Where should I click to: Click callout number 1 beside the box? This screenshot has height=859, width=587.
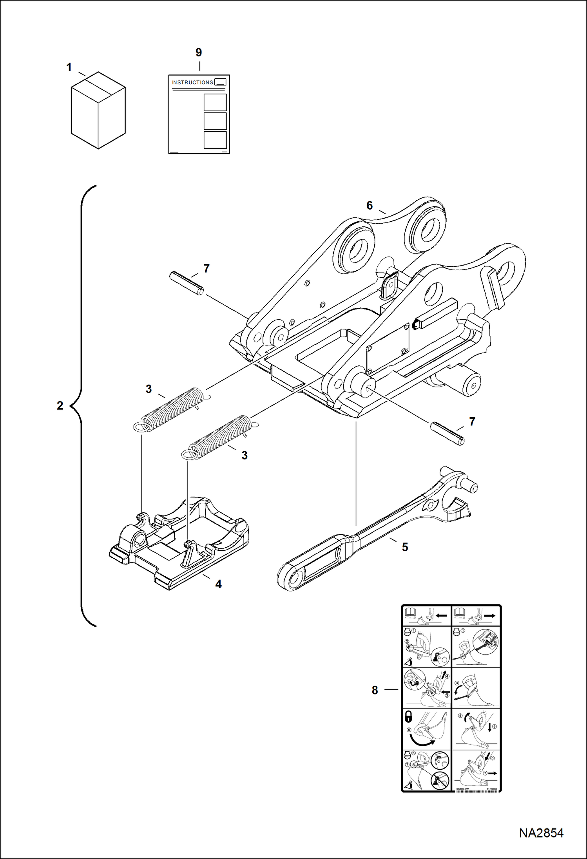tap(69, 67)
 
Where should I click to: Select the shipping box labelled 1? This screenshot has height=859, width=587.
tap(98, 112)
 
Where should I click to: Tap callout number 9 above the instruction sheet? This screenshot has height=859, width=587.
tap(199, 52)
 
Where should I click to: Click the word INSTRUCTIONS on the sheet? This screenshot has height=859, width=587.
tap(192, 83)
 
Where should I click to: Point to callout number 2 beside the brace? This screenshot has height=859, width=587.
tap(60, 405)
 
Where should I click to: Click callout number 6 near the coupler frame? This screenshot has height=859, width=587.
tap(370, 205)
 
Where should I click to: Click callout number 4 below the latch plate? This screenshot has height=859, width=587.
tap(218, 584)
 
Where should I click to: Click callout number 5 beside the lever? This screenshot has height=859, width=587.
tap(405, 547)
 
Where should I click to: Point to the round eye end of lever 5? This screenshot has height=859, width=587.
tap(291, 578)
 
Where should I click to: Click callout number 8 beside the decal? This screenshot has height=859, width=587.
tap(375, 690)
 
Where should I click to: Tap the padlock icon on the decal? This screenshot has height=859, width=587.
tap(408, 717)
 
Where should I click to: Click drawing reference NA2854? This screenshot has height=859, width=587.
tap(541, 833)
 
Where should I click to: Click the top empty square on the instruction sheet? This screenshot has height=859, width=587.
tap(215, 102)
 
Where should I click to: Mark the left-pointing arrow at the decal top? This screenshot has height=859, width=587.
tap(441, 616)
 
